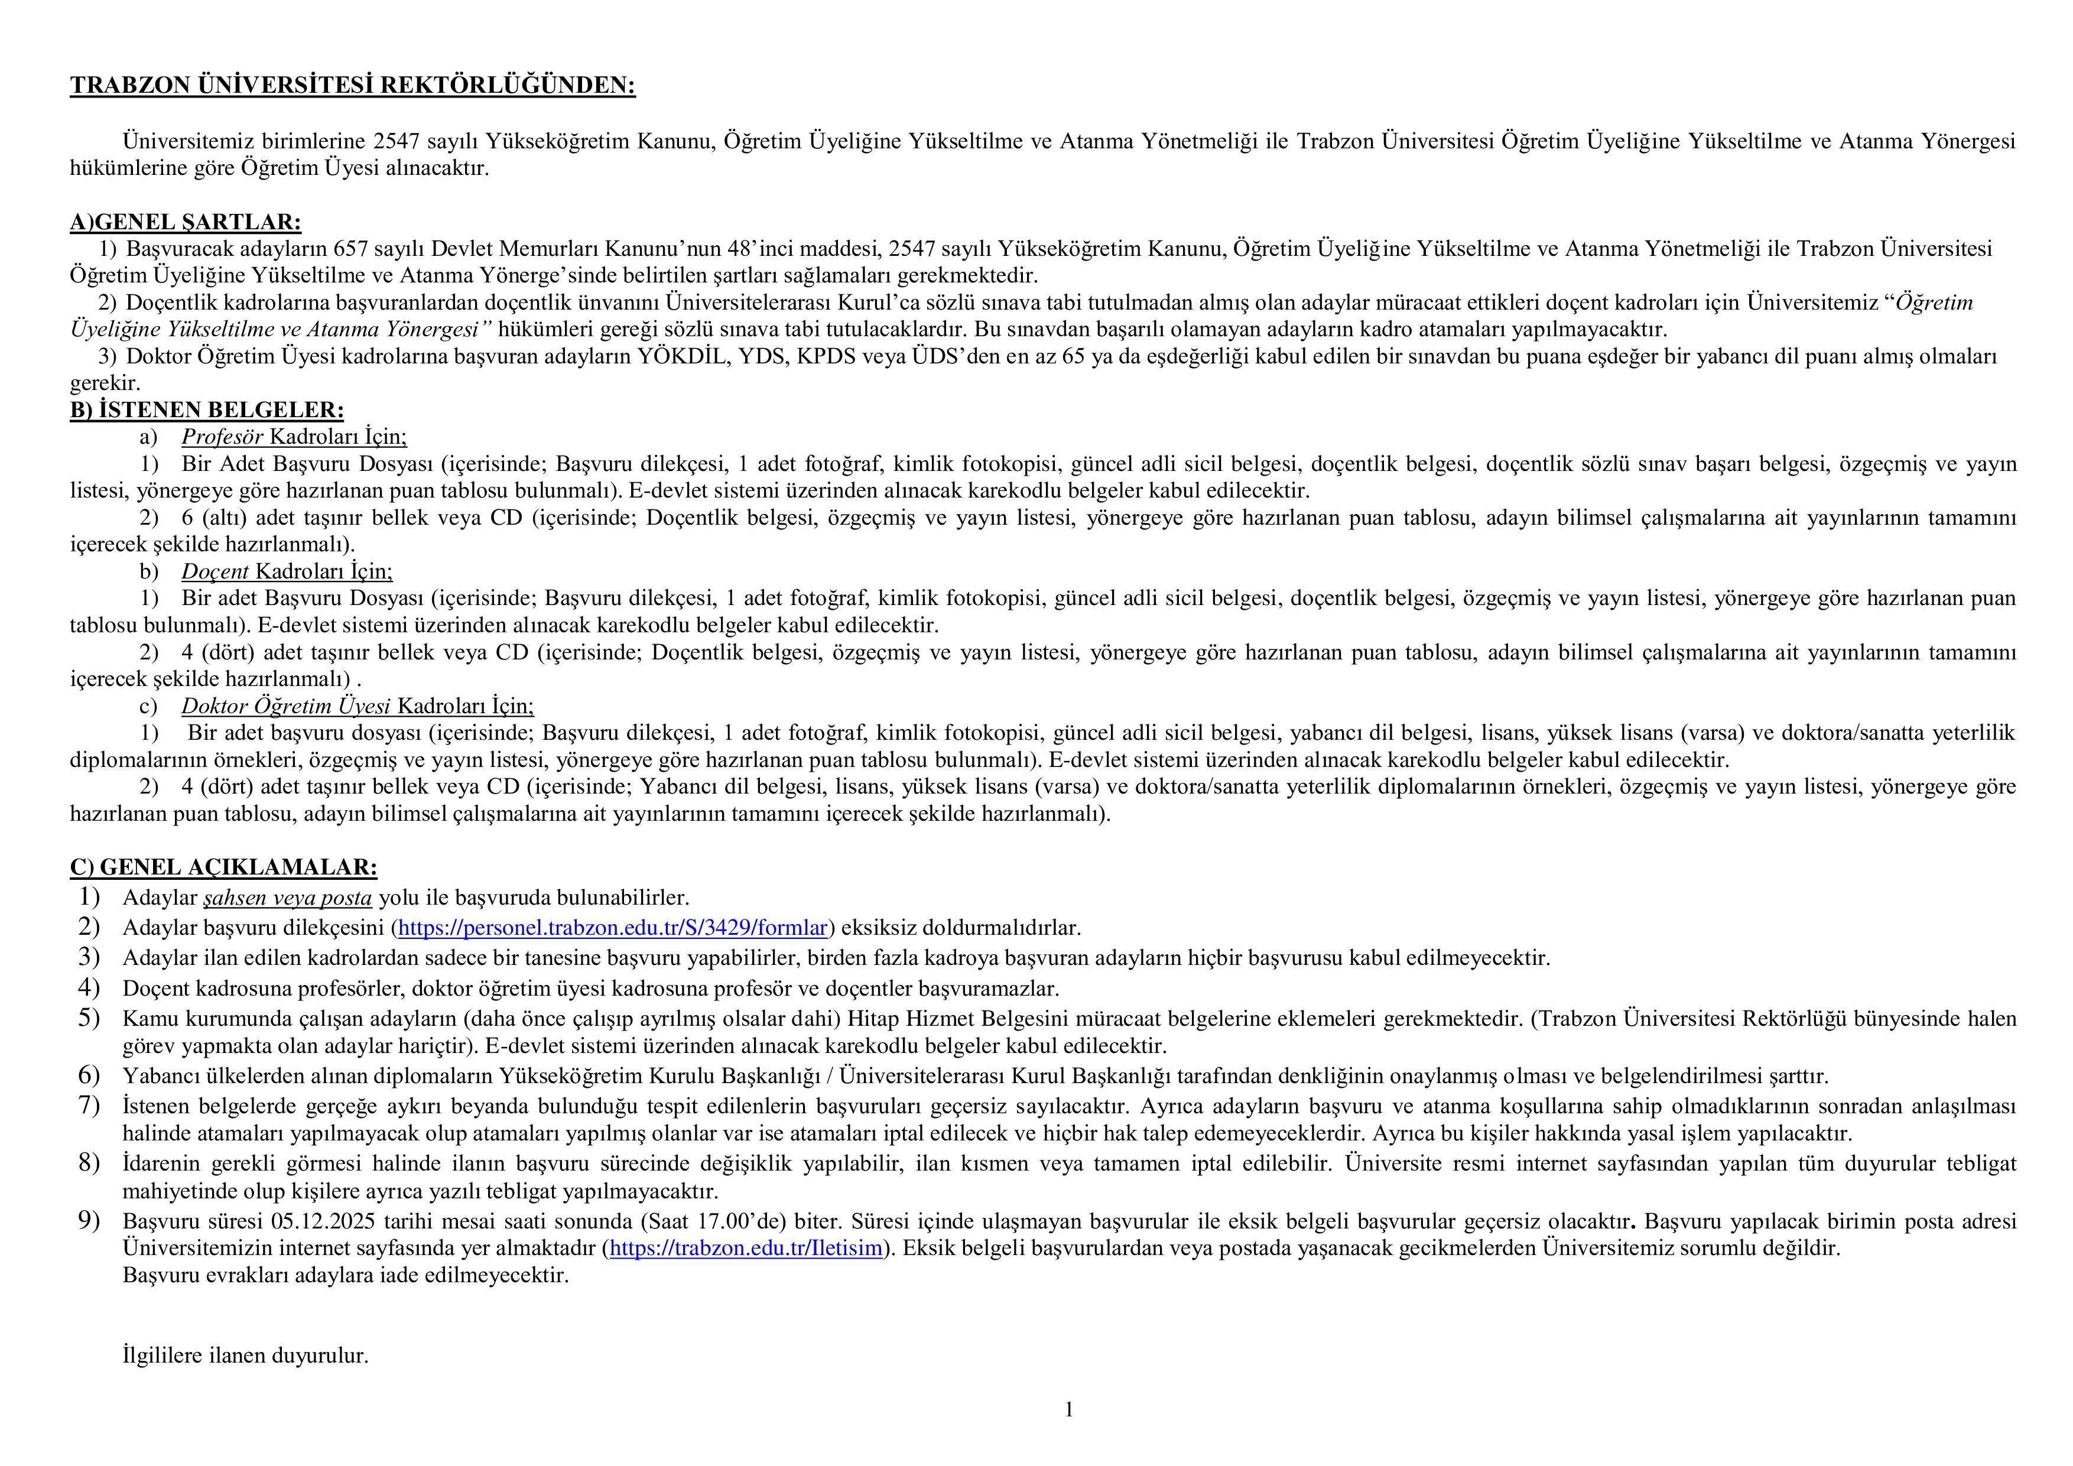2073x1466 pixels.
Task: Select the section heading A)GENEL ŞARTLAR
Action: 185,222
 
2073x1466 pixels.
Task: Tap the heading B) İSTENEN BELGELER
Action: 207,411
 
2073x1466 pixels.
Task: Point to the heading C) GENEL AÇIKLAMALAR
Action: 223,867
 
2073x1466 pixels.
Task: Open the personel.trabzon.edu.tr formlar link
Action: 612,928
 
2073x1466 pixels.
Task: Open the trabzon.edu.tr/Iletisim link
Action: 746,1249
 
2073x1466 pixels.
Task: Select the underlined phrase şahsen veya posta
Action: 288,898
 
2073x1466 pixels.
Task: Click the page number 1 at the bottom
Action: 1069,1410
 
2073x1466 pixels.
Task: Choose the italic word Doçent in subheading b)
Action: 215,571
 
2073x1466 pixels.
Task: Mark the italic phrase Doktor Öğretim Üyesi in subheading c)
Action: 285,706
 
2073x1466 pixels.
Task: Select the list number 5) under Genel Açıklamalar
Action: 89,1018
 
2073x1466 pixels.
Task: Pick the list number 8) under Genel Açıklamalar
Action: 89,1163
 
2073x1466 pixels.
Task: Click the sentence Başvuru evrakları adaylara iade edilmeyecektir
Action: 346,1276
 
